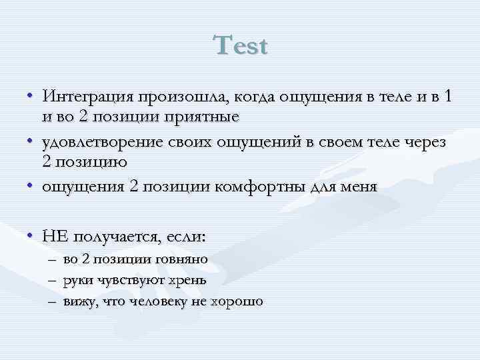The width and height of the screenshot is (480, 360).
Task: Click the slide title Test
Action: point(241,46)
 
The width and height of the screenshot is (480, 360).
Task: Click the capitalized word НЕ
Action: point(55,236)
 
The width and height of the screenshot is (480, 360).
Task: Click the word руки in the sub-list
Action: point(79,281)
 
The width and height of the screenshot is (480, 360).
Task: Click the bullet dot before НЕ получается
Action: point(31,236)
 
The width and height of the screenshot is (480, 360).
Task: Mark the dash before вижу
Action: point(52,301)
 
